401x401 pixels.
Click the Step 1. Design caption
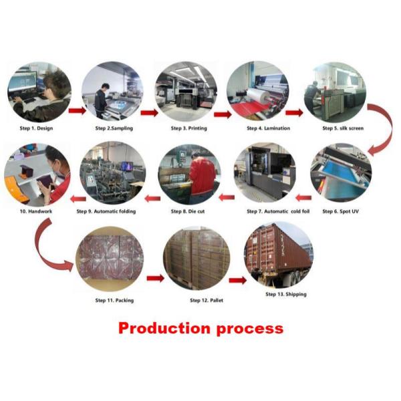click(x=35, y=128)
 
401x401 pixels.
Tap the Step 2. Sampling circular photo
click(x=113, y=92)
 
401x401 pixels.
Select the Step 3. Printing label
click(x=189, y=128)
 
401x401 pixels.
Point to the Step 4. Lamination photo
click(x=257, y=92)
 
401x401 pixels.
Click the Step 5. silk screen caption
click(x=343, y=128)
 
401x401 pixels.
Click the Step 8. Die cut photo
click(x=190, y=173)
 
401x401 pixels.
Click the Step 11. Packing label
click(x=114, y=300)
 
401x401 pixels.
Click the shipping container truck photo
click(x=278, y=254)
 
